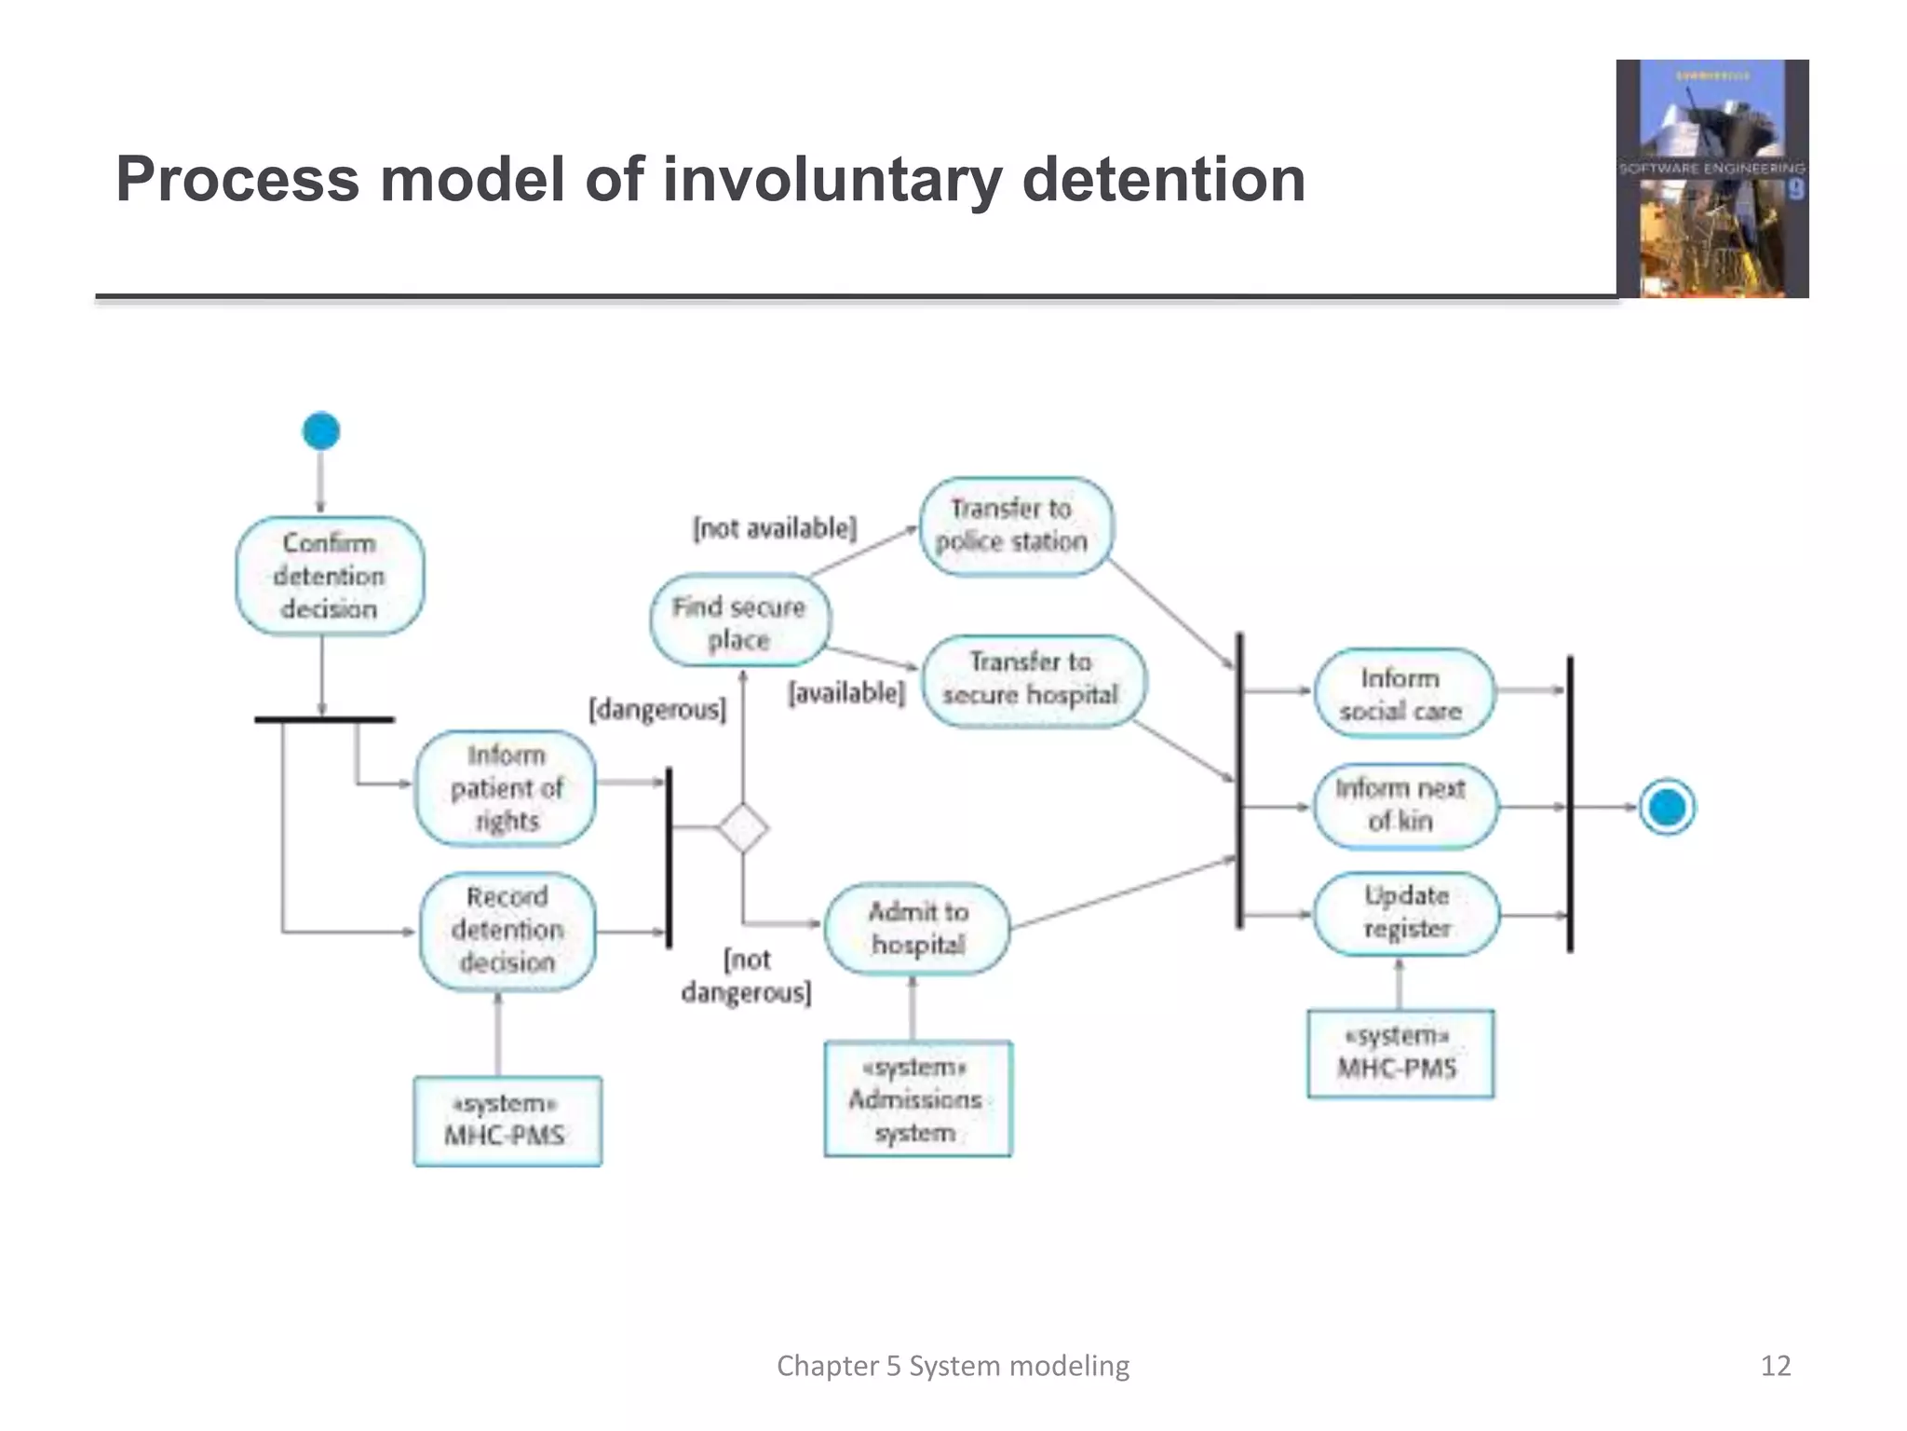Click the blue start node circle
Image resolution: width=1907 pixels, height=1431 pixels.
[x=321, y=431]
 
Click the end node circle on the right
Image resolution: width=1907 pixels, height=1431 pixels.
[x=1667, y=807]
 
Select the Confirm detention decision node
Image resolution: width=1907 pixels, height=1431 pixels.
[x=330, y=576]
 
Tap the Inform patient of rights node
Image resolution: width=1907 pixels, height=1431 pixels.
[x=506, y=788]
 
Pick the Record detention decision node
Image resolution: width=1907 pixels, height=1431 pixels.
[x=507, y=930]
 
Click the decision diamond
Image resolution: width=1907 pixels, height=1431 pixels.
[x=743, y=827]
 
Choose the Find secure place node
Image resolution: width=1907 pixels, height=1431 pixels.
[x=739, y=621]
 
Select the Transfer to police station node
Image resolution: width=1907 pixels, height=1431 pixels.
[x=1015, y=525]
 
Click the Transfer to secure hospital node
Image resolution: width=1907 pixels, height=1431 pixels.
[x=1033, y=679]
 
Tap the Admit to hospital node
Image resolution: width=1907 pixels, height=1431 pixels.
[x=917, y=928]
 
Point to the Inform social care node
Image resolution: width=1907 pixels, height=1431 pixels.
[x=1402, y=693]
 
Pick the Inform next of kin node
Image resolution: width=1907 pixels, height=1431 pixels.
[x=1404, y=805]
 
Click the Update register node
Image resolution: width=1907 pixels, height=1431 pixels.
[x=1406, y=913]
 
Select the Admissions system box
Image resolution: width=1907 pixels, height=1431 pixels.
[x=917, y=1099]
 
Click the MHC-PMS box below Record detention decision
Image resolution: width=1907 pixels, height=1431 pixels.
[x=507, y=1121]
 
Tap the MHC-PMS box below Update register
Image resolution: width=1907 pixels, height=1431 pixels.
[x=1400, y=1054]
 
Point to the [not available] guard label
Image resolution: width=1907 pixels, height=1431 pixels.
[x=775, y=528]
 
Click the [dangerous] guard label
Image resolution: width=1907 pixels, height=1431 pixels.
[x=657, y=710]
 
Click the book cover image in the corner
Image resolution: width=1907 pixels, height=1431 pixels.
[x=1712, y=179]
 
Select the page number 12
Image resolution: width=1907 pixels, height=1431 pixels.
[x=1775, y=1366]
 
